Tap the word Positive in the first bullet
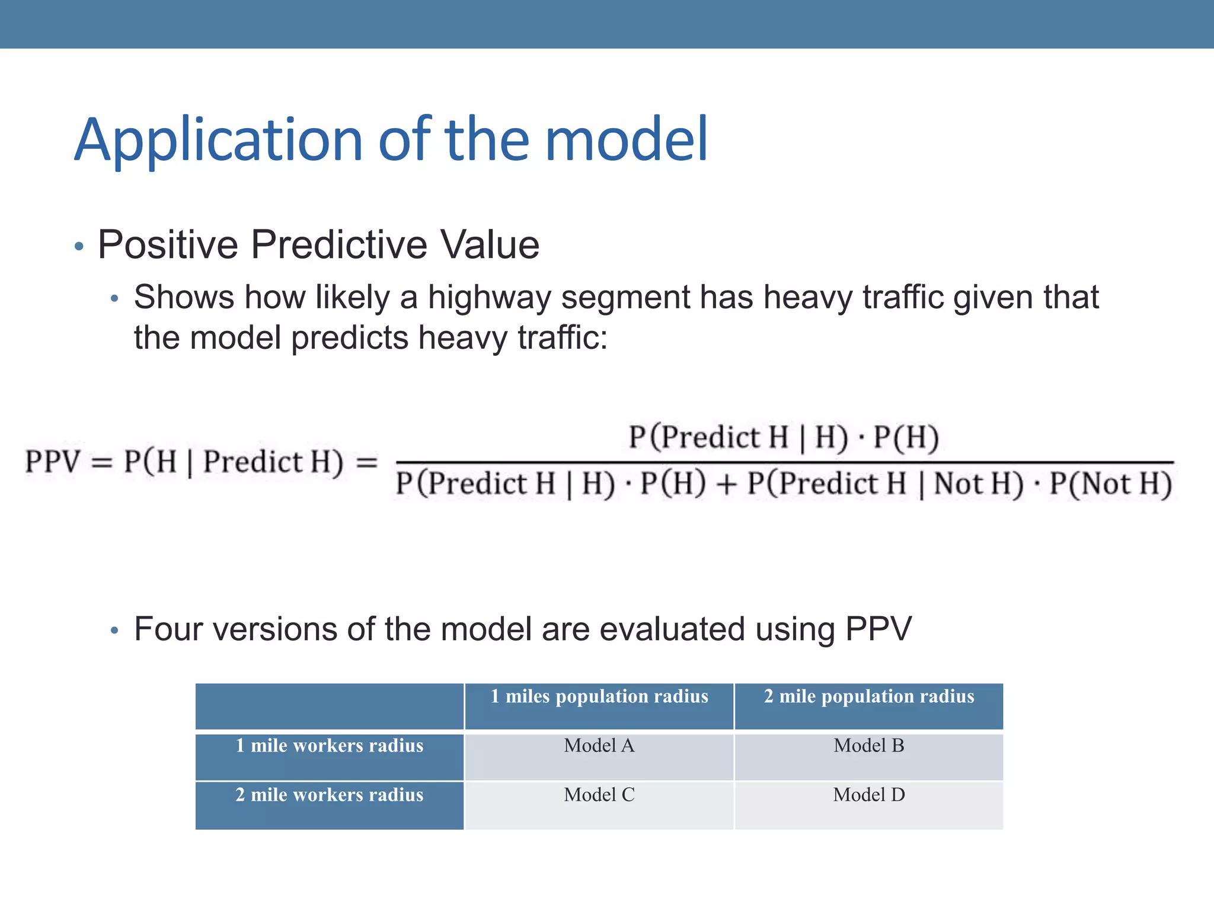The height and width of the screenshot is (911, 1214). tap(168, 244)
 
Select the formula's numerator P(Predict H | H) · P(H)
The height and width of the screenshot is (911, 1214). tap(784, 438)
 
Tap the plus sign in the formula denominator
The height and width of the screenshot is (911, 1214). tap(726, 484)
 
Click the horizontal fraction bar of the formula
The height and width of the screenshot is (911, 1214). tap(784, 462)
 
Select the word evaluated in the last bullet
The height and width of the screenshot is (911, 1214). tap(672, 629)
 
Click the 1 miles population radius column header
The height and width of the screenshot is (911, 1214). tap(599, 696)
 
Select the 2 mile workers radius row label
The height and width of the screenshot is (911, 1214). tap(329, 795)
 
